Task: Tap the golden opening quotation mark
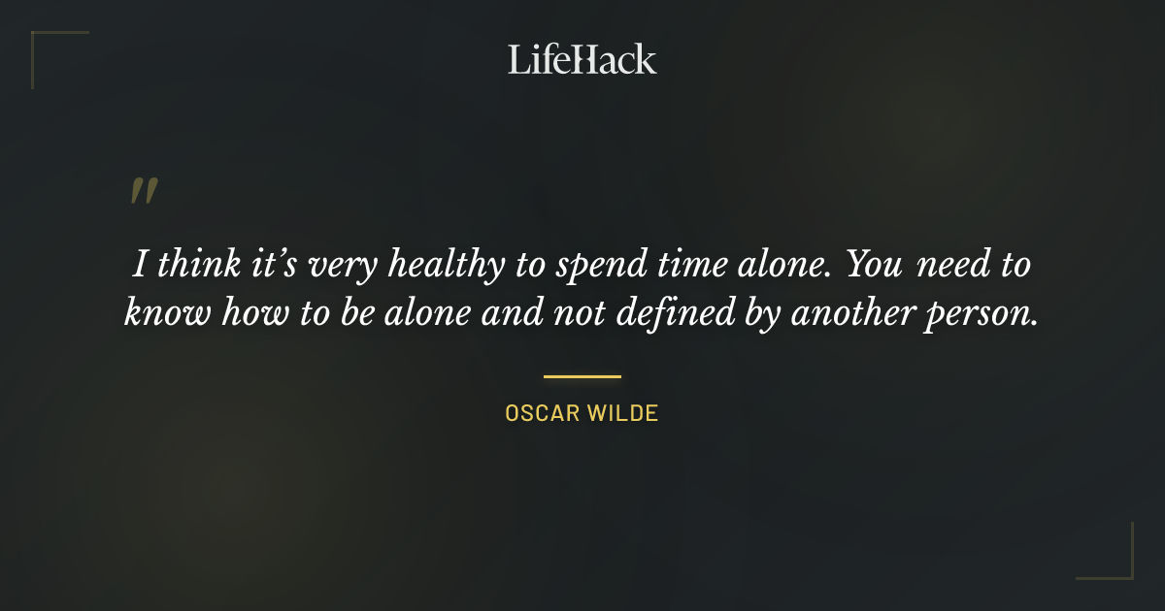click(x=143, y=191)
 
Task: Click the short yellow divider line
click(x=582, y=376)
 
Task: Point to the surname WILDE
click(x=625, y=413)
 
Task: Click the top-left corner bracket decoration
click(x=49, y=48)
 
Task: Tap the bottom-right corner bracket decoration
click(x=1116, y=563)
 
